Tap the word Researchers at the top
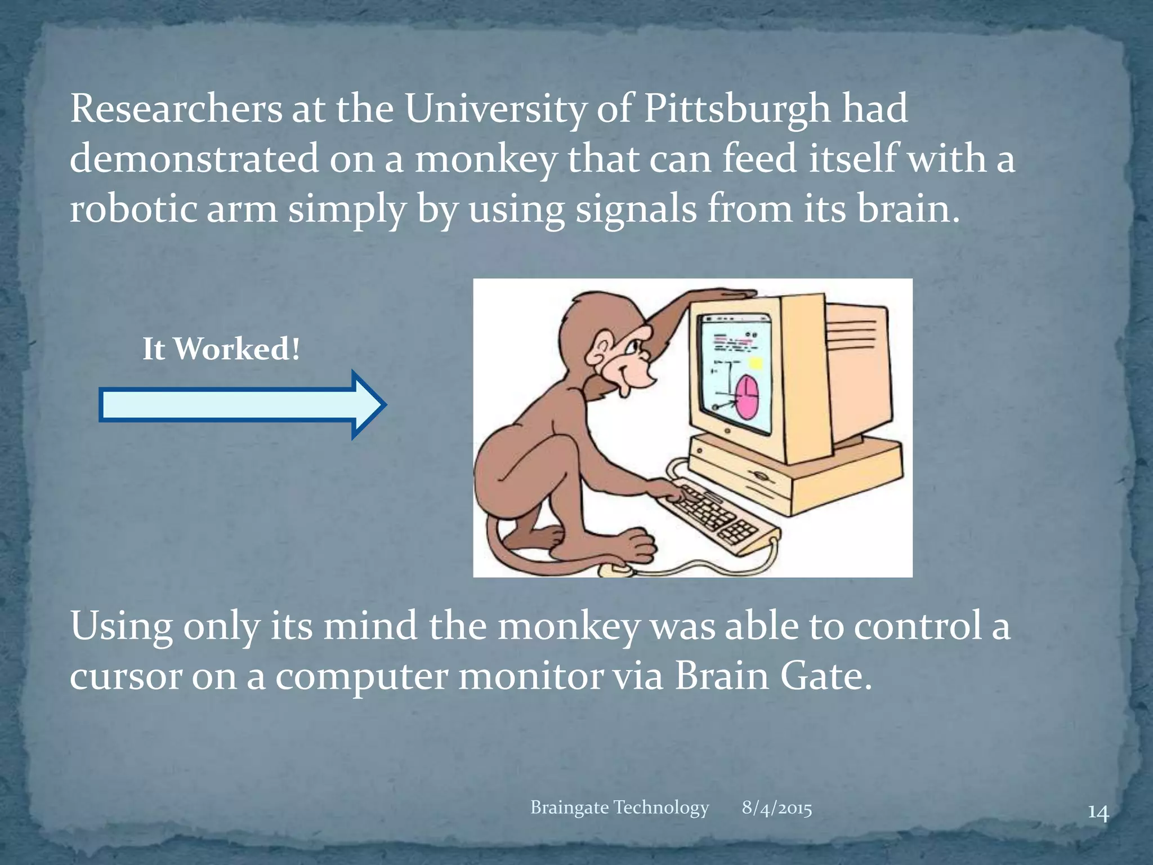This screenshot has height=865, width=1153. (176, 109)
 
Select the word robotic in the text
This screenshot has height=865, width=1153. (133, 209)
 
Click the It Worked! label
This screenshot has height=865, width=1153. (221, 349)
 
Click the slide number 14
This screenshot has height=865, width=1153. (1098, 813)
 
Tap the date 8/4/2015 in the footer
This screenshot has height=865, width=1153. (776, 808)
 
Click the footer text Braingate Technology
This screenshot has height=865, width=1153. (619, 808)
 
